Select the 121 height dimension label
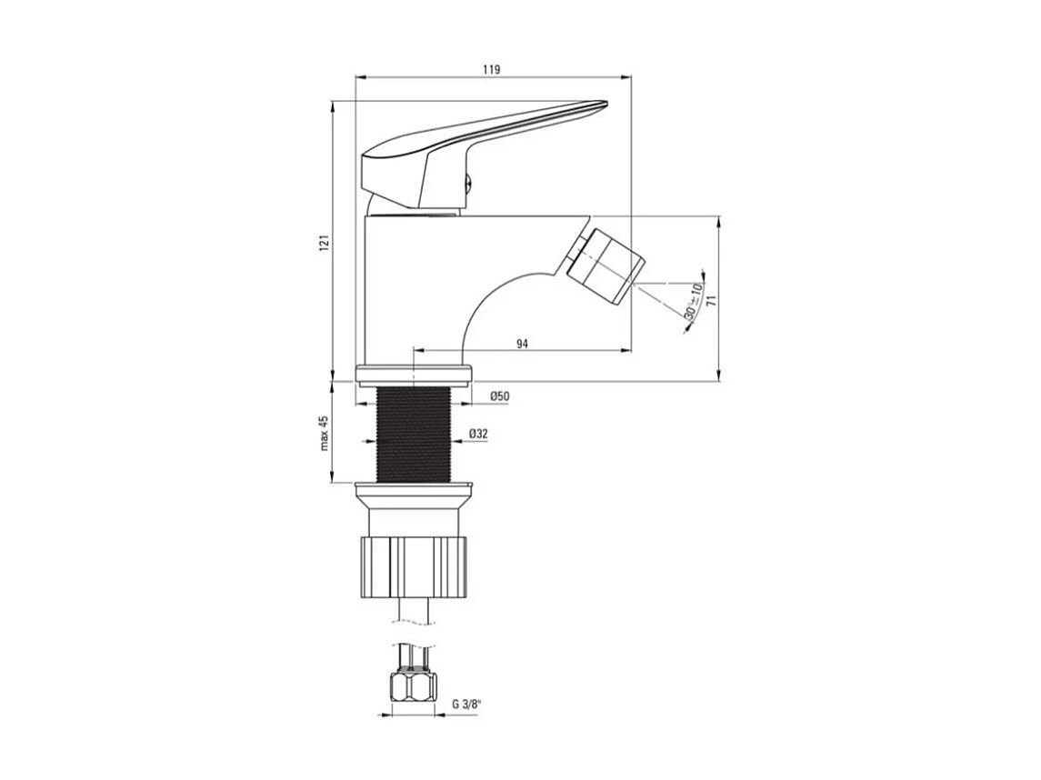tap(323, 243)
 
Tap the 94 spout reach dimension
tap(522, 343)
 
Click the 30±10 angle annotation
tap(694, 301)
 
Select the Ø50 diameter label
tap(499, 395)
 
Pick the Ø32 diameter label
tap(479, 435)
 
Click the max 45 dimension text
tap(323, 434)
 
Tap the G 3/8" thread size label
tap(468, 703)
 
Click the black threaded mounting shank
tap(414, 435)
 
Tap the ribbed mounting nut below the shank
tap(414, 566)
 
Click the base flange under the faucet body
tap(414, 374)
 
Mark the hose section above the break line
tap(414, 608)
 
